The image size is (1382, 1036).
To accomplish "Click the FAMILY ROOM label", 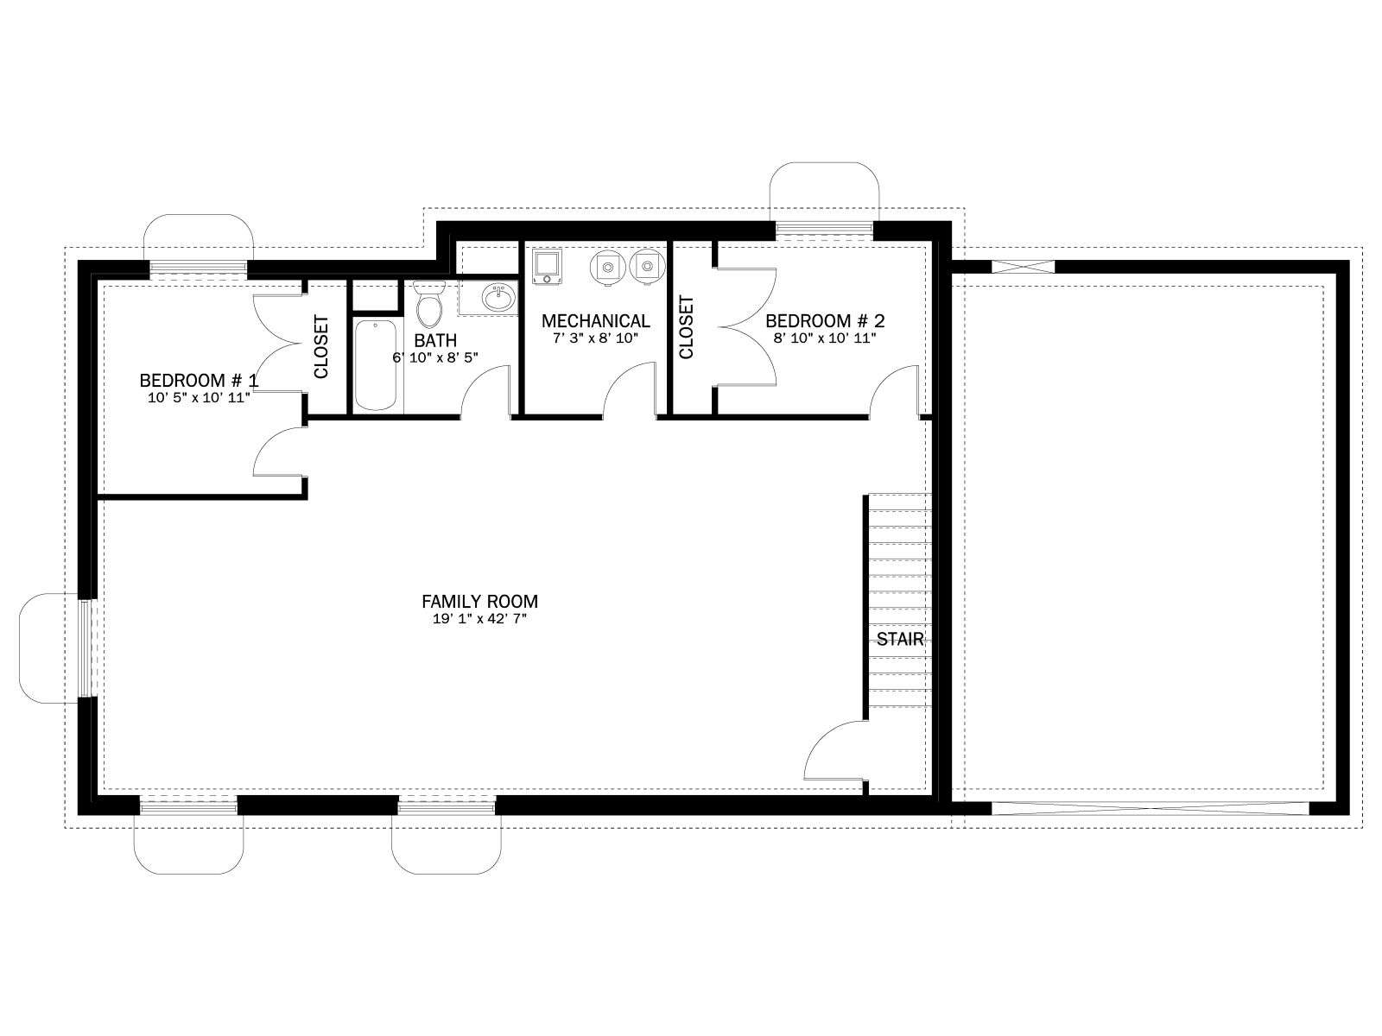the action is tap(479, 602).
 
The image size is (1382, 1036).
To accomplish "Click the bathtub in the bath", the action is tap(375, 365).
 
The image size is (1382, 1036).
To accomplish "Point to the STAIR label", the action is tap(900, 640).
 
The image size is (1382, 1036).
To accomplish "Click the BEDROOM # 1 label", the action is tap(199, 381).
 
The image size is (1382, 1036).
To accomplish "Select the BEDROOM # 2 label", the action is tap(825, 321).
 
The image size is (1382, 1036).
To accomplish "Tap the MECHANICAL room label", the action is tap(596, 321).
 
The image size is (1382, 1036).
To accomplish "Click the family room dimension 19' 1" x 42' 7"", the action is tap(479, 619).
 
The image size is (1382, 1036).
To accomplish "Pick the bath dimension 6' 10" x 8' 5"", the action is tap(435, 358).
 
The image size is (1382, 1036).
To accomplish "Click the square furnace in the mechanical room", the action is tap(546, 266).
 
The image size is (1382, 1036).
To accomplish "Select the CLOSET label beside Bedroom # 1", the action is tap(321, 347).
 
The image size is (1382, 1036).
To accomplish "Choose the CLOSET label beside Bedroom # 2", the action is tap(687, 327).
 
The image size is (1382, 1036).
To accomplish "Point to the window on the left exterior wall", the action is tap(86, 648).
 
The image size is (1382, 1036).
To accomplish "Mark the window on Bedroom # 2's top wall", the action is tap(824, 231).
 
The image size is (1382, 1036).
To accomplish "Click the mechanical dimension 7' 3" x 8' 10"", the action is tap(596, 338).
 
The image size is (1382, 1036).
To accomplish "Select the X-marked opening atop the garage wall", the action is tap(1023, 267).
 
